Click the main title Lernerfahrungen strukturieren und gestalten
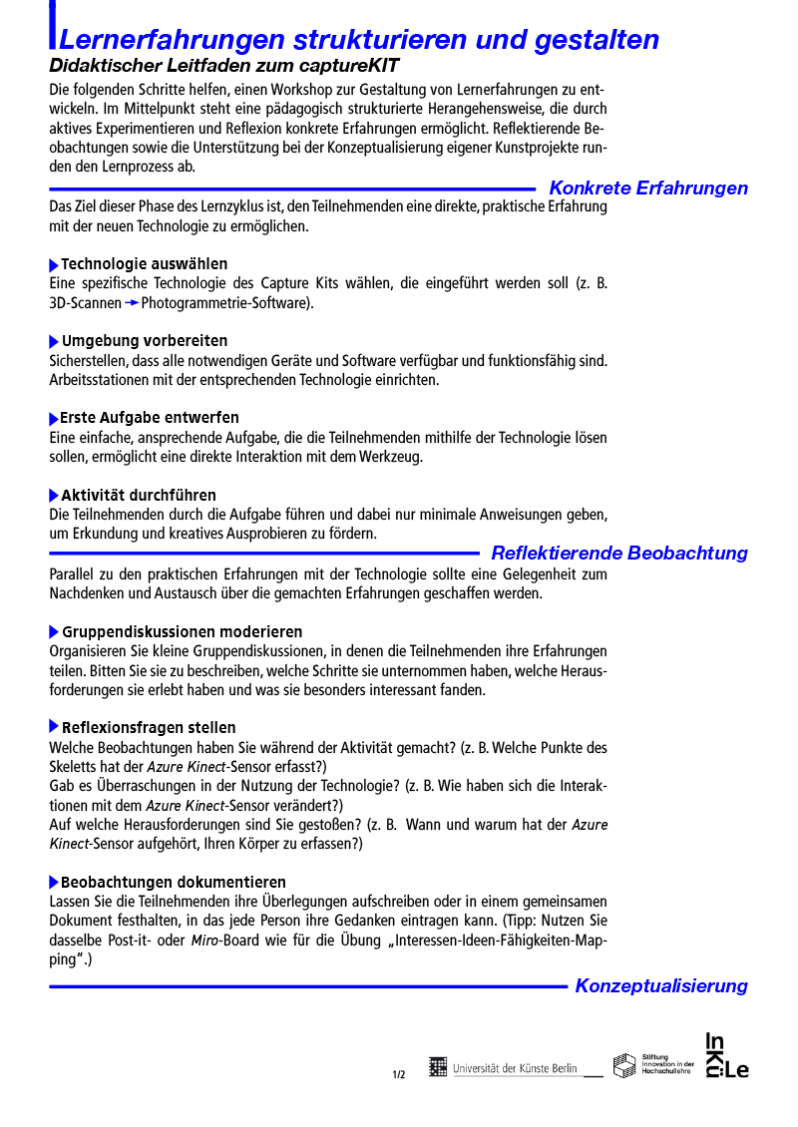[359, 40]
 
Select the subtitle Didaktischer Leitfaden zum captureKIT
[223, 66]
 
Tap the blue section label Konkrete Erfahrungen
[648, 188]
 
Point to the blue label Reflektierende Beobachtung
[619, 553]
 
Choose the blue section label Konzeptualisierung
[661, 985]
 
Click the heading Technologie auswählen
[144, 264]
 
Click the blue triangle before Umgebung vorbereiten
[54, 342]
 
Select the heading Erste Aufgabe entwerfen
[150, 418]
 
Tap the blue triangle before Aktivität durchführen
[54, 496]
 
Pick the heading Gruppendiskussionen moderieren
[182, 632]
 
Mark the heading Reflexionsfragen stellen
[149, 728]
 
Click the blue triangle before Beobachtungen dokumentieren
[54, 883]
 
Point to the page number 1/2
[399, 1074]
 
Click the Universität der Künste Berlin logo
[504, 1068]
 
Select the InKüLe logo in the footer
[727, 1055]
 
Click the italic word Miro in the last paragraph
[203, 940]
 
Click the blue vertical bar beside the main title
[52, 25]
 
